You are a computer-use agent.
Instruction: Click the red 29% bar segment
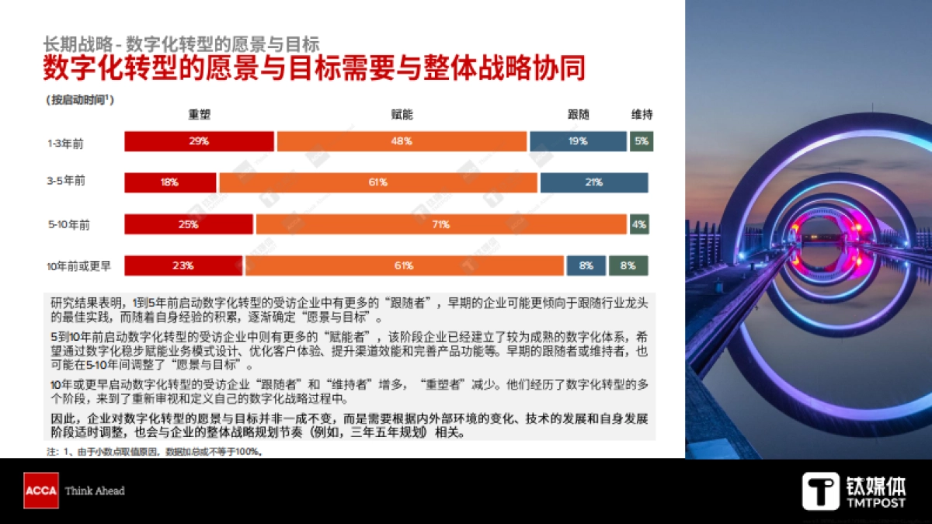(x=200, y=141)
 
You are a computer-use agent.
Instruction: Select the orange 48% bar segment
(x=402, y=141)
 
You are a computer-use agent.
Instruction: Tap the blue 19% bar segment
(x=578, y=141)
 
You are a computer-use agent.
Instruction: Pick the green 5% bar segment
(x=641, y=141)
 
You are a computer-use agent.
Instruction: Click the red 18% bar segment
(x=171, y=182)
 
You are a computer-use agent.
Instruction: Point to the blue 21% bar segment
(x=594, y=182)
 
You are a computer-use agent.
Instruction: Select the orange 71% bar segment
(x=441, y=224)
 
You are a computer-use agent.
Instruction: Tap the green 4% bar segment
(x=639, y=224)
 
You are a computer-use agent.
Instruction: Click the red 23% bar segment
(x=184, y=265)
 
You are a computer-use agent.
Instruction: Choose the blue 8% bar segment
(x=586, y=265)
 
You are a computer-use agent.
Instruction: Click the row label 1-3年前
(x=66, y=142)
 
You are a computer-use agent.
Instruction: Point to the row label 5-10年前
(x=68, y=224)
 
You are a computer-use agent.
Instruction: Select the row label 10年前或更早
(x=78, y=265)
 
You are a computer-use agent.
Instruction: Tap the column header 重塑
(x=200, y=115)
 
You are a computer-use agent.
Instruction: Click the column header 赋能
(x=402, y=115)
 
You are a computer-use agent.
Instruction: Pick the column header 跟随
(x=579, y=115)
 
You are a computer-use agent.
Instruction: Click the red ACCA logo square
(x=40, y=491)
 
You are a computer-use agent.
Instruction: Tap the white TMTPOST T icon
(x=821, y=491)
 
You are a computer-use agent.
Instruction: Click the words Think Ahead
(x=95, y=491)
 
